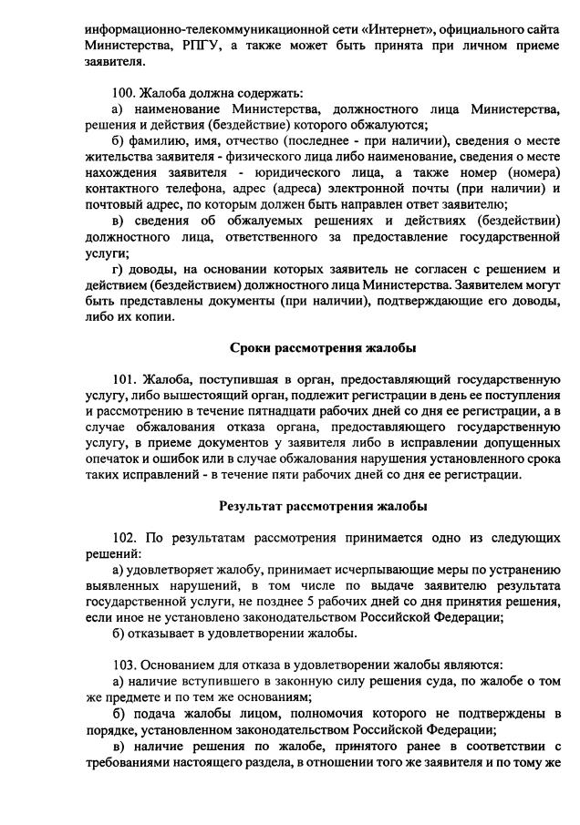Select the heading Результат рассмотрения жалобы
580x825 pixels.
coord(322,506)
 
